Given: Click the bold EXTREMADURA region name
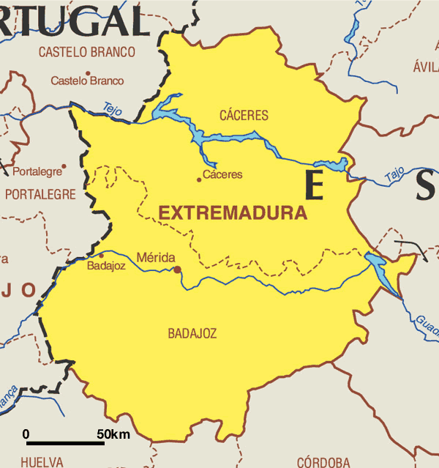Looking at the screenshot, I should pos(233,214).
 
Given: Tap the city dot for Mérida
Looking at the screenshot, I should pos(177,270).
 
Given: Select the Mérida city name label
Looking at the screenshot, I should pos(156,257).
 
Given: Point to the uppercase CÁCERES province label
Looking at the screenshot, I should pos(244,115).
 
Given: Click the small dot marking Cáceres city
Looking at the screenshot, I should pos(198,179).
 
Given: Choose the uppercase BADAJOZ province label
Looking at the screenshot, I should pos(192,333).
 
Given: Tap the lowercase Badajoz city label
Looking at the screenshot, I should pos(106,266).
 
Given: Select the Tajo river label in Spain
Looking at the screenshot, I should pos(394,174).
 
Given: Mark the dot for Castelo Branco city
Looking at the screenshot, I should pos(88,73).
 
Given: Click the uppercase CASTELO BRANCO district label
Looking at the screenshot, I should pos(87,52).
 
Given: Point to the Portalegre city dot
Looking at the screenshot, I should pos(64,166).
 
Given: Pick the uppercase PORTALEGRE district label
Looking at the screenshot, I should pos(40,194).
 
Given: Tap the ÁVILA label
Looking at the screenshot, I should pos(425,67).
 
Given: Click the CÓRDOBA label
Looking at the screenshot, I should pos(323,461).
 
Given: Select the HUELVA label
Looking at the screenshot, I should pos(42,461).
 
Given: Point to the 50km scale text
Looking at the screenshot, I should pos(113,434).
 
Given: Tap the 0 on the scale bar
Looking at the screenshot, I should pos(26,434).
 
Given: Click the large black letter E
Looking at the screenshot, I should pos(314,185).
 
